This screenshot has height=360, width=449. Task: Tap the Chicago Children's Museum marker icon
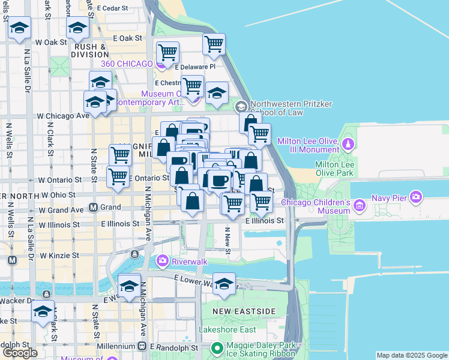click(360, 206)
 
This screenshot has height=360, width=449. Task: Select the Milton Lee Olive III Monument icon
click(348, 145)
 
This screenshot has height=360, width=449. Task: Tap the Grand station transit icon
click(94, 208)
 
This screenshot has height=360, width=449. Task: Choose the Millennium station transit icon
click(142, 346)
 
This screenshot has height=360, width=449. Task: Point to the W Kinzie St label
click(59, 256)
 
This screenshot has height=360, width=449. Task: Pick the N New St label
click(228, 240)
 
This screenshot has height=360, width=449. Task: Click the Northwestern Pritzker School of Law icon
click(242, 106)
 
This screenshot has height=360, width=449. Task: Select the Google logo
click(20, 353)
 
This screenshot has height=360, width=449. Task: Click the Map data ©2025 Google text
click(412, 355)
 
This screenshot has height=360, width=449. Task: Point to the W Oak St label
click(51, 43)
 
